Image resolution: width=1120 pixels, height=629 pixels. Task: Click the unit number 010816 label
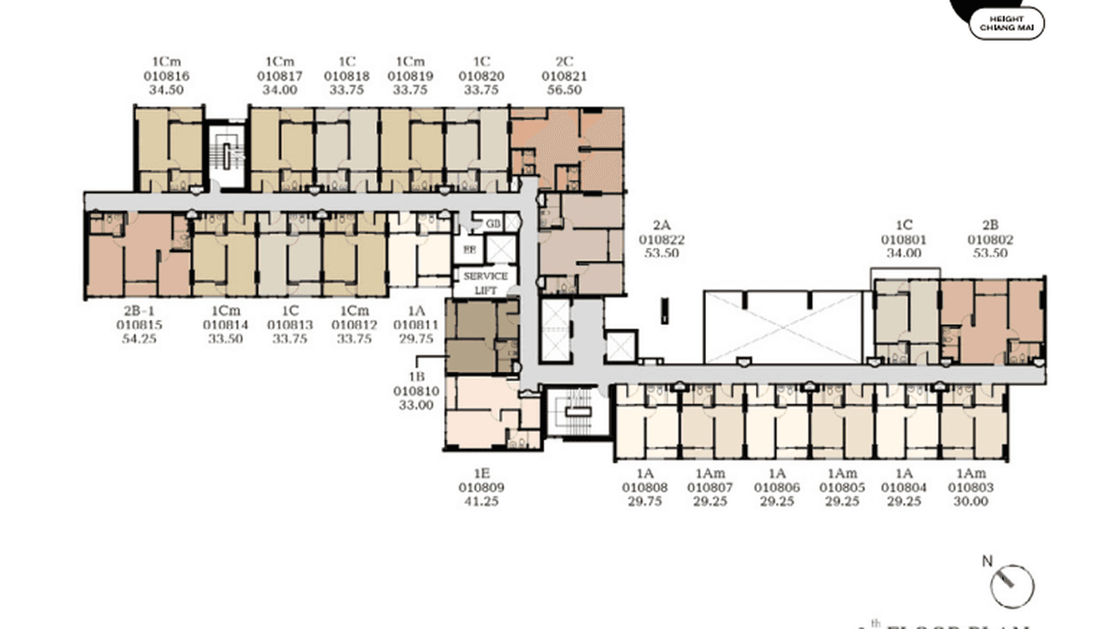click(167, 76)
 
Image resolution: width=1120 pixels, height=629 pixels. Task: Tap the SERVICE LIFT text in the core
click(485, 282)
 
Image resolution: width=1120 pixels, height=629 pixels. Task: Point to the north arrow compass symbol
click(1012, 584)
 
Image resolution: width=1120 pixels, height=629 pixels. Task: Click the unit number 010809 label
click(482, 488)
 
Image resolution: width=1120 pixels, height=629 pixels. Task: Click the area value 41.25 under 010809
click(482, 502)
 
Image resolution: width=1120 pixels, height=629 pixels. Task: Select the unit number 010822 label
click(662, 239)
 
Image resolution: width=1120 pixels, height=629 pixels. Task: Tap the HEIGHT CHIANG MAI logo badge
click(1006, 23)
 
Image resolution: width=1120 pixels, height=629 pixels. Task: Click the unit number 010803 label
click(971, 488)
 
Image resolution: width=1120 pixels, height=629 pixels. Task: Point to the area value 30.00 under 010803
click(971, 502)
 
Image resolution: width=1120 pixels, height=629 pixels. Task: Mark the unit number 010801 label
click(904, 239)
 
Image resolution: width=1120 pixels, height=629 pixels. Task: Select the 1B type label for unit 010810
click(416, 377)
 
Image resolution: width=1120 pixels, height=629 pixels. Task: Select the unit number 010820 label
click(481, 76)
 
